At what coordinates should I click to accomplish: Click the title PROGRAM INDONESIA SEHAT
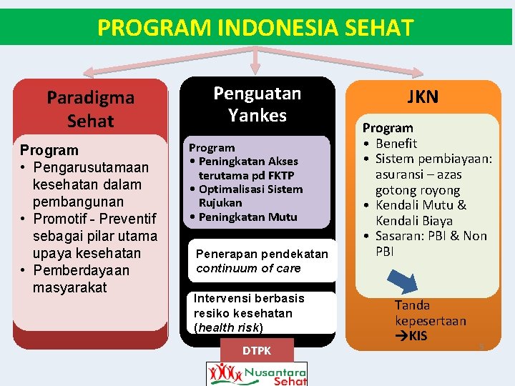pyautogui.click(x=255, y=28)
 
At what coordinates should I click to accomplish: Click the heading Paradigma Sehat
pyautogui.click(x=90, y=109)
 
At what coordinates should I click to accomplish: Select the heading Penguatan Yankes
pyautogui.click(x=257, y=104)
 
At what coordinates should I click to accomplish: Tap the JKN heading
pyautogui.click(x=423, y=97)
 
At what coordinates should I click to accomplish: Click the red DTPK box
pyautogui.click(x=257, y=350)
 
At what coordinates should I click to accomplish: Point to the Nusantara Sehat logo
pyautogui.click(x=257, y=373)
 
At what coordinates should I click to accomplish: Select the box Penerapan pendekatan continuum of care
pyautogui.click(x=262, y=261)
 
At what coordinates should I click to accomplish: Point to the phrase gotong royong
pyautogui.click(x=418, y=190)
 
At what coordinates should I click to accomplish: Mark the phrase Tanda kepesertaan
pyautogui.click(x=430, y=313)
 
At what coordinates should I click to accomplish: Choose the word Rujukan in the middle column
pyautogui.click(x=220, y=203)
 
